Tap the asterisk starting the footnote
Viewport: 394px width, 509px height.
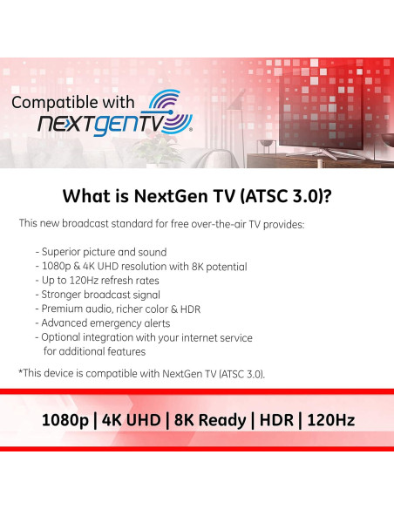point(20,372)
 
